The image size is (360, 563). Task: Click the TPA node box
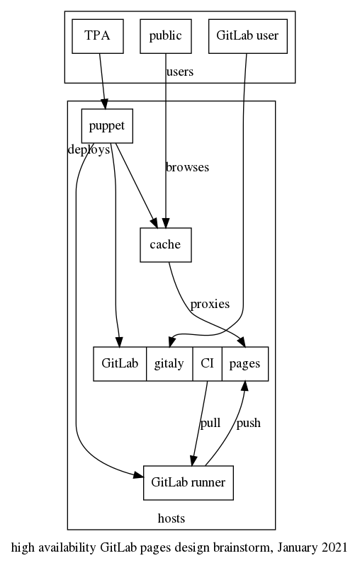(x=99, y=36)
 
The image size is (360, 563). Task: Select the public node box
(x=166, y=36)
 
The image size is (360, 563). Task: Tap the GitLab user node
(x=247, y=36)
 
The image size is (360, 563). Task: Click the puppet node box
(x=107, y=127)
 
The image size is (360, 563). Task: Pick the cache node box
(x=166, y=245)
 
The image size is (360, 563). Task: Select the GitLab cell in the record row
(x=120, y=364)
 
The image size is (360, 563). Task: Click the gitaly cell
(x=169, y=364)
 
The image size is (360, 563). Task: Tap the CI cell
(x=207, y=364)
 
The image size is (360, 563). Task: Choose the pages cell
(x=245, y=364)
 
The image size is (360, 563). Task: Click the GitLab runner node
(x=188, y=483)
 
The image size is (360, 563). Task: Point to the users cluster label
(x=179, y=72)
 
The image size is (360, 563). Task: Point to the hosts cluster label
(x=171, y=518)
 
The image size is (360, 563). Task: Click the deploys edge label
(x=89, y=150)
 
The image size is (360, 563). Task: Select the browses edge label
(x=187, y=168)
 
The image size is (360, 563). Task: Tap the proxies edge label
(x=210, y=305)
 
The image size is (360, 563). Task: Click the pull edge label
(x=210, y=423)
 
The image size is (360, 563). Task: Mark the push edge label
(x=248, y=423)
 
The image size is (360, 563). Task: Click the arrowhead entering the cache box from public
(x=166, y=222)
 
